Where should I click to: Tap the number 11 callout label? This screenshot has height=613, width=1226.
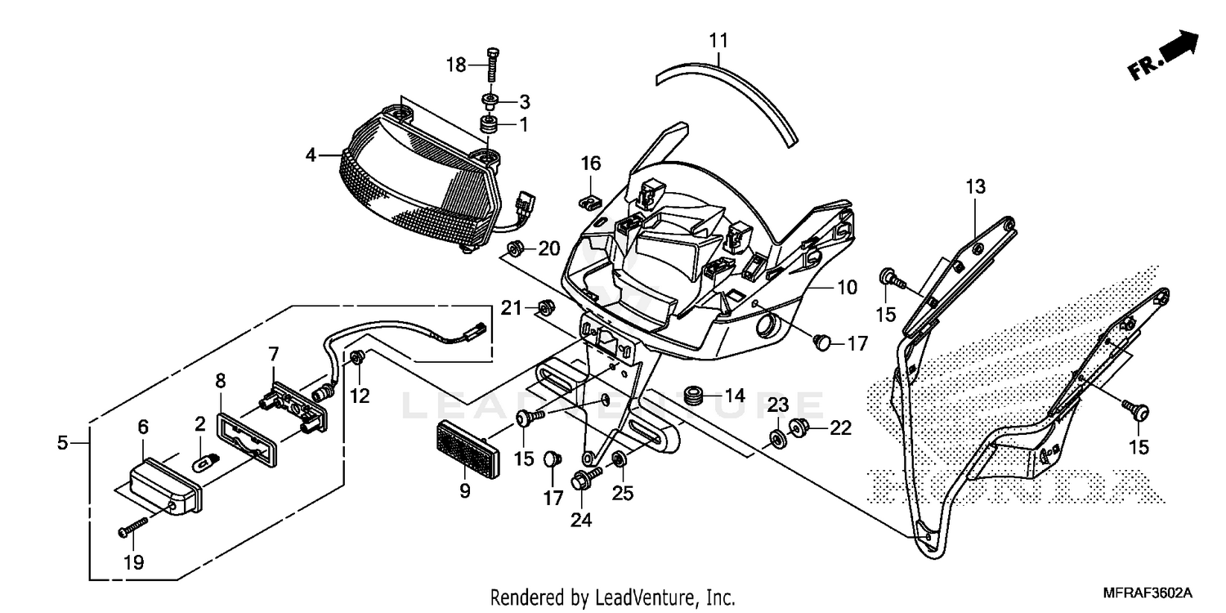point(718,39)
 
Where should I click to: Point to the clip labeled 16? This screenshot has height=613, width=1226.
point(586,199)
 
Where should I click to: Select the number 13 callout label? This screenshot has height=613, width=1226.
point(975,186)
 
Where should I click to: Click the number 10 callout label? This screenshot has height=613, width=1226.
point(846,288)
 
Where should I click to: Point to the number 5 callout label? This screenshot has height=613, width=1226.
point(63,443)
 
